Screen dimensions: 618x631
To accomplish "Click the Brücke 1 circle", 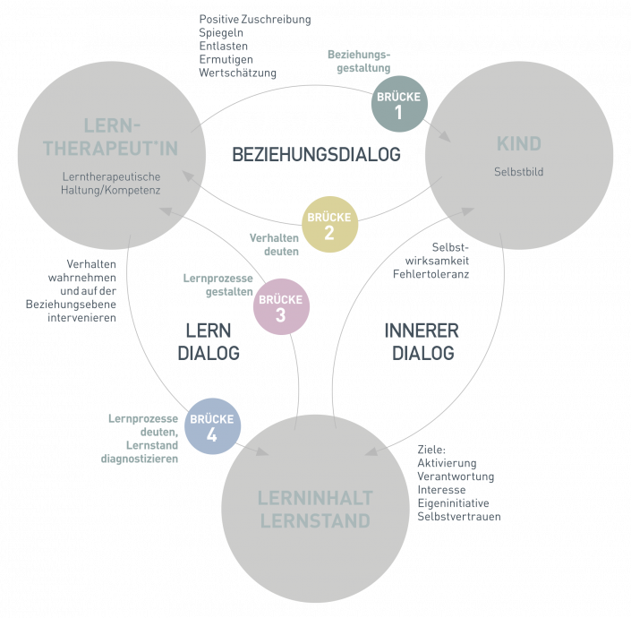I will [x=399, y=106].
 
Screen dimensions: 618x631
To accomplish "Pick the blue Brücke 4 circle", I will [x=213, y=426].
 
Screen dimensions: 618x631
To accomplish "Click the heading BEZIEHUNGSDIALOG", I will [x=316, y=155].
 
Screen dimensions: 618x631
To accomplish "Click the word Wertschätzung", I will [x=237, y=73].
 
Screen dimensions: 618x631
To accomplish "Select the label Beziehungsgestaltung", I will [x=360, y=61].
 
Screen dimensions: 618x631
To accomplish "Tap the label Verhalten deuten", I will [x=274, y=245].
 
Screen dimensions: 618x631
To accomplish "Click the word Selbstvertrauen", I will [x=459, y=518].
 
